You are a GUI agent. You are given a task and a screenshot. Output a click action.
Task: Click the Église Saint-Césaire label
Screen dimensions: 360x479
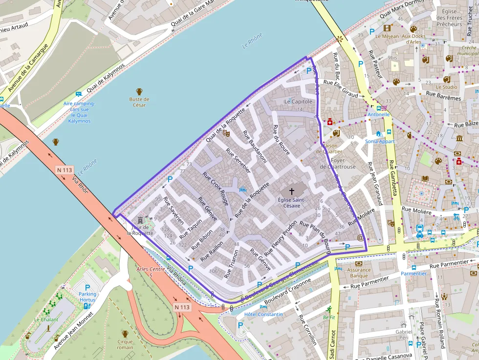292,202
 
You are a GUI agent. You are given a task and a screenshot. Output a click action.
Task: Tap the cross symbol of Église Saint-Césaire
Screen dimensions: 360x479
292,191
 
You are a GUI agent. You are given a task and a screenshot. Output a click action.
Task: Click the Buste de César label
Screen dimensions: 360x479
139,102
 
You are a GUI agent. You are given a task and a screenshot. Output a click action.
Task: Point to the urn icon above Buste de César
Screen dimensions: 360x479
139,91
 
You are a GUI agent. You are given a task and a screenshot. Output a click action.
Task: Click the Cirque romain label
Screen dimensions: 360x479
125,344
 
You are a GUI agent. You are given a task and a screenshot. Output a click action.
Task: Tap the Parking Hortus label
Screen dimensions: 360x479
87,297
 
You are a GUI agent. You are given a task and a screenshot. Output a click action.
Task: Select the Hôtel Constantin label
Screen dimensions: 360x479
264,314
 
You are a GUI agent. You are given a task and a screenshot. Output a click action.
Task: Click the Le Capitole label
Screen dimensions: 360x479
298,102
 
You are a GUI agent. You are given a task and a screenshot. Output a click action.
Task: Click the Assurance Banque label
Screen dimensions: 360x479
359,273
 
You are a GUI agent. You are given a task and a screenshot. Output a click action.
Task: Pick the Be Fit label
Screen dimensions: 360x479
328,317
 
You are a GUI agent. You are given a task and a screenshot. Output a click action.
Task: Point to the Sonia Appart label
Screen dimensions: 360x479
380,142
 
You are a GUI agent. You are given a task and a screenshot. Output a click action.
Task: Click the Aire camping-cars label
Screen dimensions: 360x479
79,112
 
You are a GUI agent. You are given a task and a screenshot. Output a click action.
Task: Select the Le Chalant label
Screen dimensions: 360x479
46,319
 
